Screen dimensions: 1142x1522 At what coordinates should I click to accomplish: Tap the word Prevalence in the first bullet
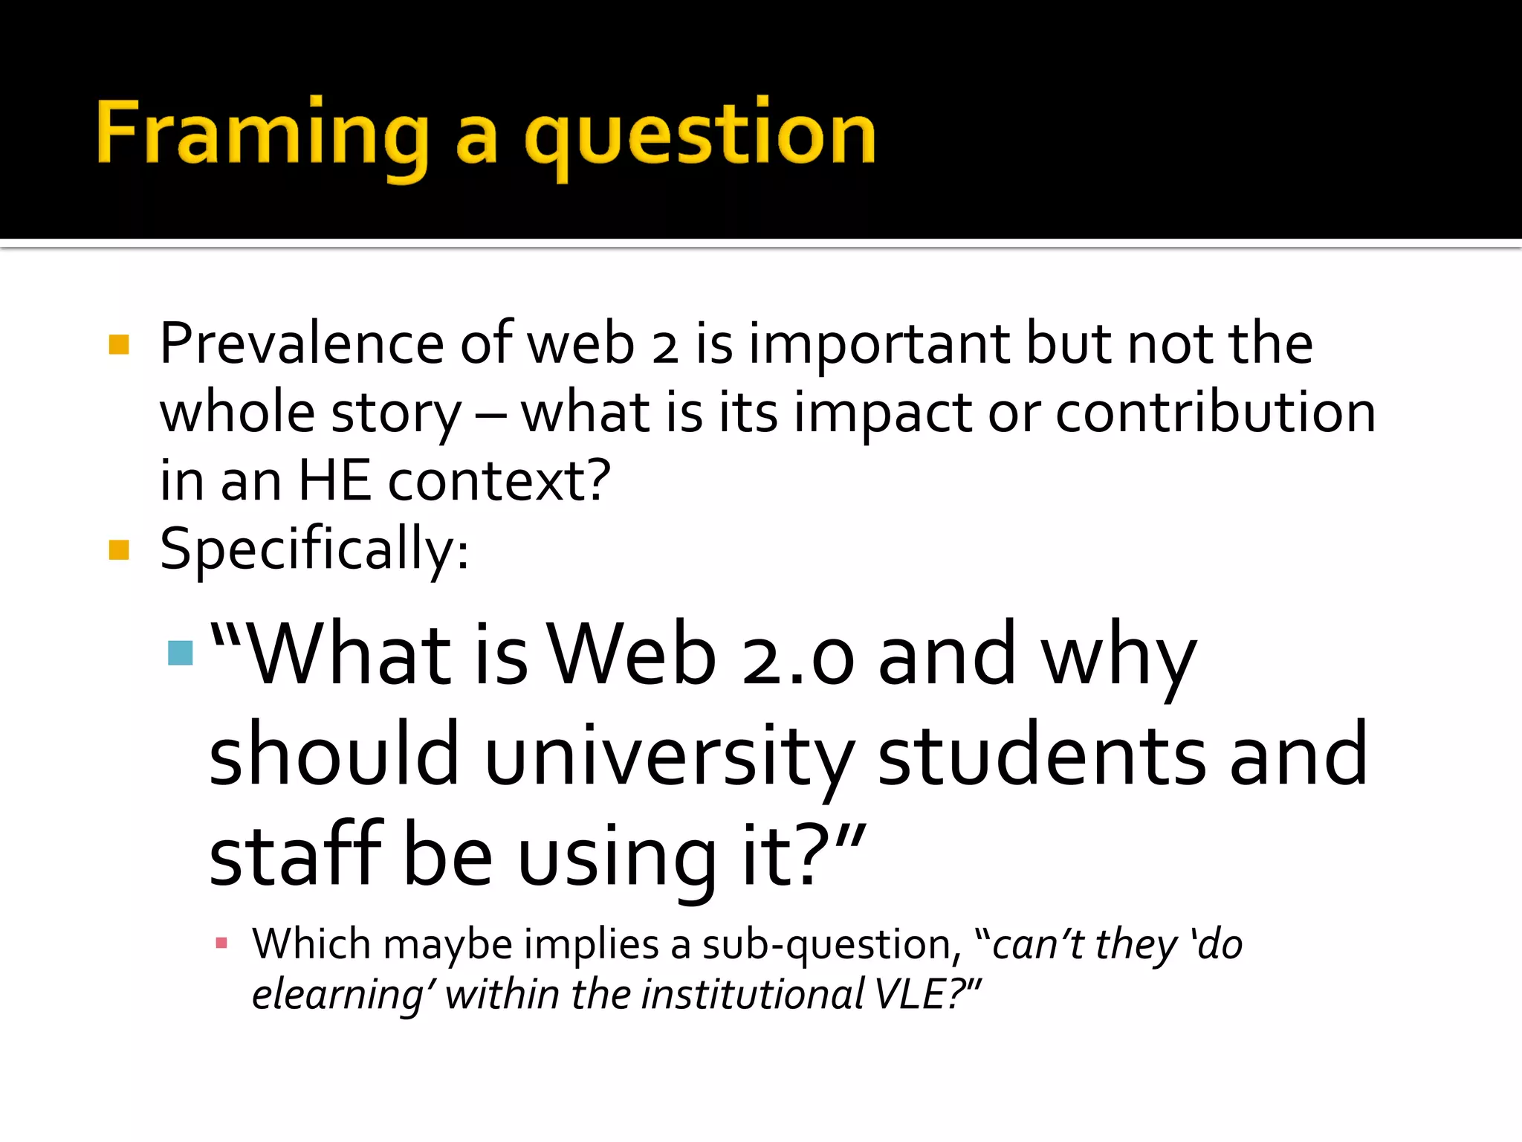click(x=302, y=343)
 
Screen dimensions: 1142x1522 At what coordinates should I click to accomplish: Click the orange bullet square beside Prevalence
click(x=119, y=344)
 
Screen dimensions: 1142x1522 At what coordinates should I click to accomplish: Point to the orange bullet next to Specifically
click(x=119, y=550)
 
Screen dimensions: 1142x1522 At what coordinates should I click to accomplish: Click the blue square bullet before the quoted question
click(x=181, y=653)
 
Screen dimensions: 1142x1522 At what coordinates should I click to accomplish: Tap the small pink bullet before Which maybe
click(x=221, y=943)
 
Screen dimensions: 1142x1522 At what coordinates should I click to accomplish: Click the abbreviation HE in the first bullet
click(x=334, y=481)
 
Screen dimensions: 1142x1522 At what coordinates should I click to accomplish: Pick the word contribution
click(x=1215, y=413)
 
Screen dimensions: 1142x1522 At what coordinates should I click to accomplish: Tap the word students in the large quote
click(x=1041, y=755)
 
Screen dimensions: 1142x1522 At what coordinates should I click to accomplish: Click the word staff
click(x=295, y=855)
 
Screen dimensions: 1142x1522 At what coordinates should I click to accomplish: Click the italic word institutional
click(x=752, y=994)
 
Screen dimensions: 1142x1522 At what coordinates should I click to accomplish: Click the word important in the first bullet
click(x=879, y=345)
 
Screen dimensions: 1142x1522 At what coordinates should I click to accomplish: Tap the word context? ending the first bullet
click(x=499, y=481)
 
